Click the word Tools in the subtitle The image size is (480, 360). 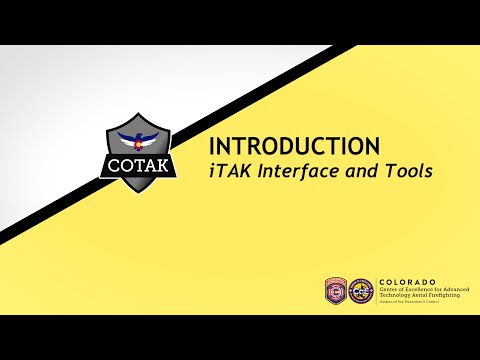[407, 171]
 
